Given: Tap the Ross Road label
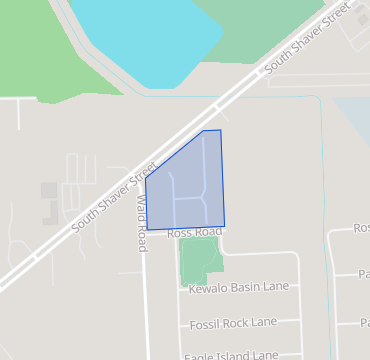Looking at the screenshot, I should pyautogui.click(x=194, y=232).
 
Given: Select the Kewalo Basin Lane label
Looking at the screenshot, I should pyautogui.click(x=239, y=287).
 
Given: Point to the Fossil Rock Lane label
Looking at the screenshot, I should pyautogui.click(x=233, y=323).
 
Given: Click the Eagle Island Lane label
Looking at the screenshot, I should pyautogui.click(x=231, y=355).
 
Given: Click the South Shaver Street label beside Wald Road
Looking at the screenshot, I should pyautogui.click(x=115, y=199).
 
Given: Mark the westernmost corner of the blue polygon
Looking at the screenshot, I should pyautogui.click(x=146, y=180).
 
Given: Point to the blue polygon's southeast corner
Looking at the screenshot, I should pyautogui.click(x=224, y=226).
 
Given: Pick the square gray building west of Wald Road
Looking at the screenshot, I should pyautogui.click(x=48, y=189).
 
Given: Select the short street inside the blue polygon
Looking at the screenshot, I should pyautogui.click(x=189, y=199).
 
